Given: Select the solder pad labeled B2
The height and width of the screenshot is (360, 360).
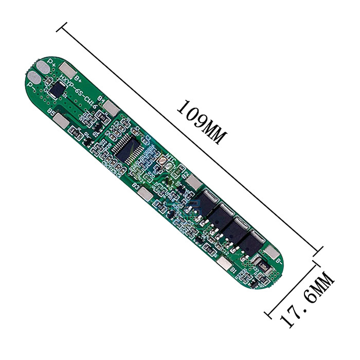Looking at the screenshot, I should [194, 182].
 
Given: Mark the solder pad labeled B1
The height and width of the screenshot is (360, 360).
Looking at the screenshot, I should [222, 263].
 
